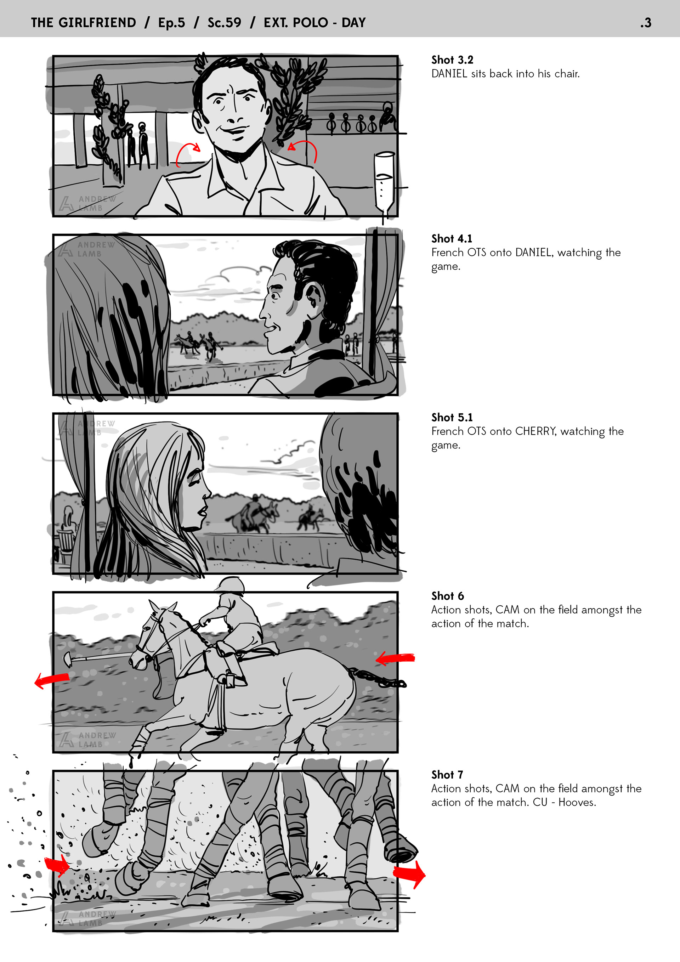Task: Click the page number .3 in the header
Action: [x=646, y=23]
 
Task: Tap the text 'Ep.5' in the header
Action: [x=171, y=23]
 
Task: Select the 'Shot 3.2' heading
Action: [x=452, y=60]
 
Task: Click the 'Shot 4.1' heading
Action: [x=452, y=238]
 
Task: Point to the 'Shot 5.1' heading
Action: [x=452, y=417]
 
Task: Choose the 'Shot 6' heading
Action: [x=447, y=596]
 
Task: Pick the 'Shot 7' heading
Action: [x=447, y=775]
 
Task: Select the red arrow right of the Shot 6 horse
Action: [x=395, y=658]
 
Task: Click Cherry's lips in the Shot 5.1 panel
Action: [x=203, y=511]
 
